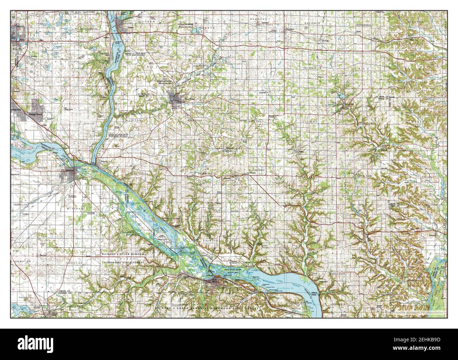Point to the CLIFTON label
pos(135,120)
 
